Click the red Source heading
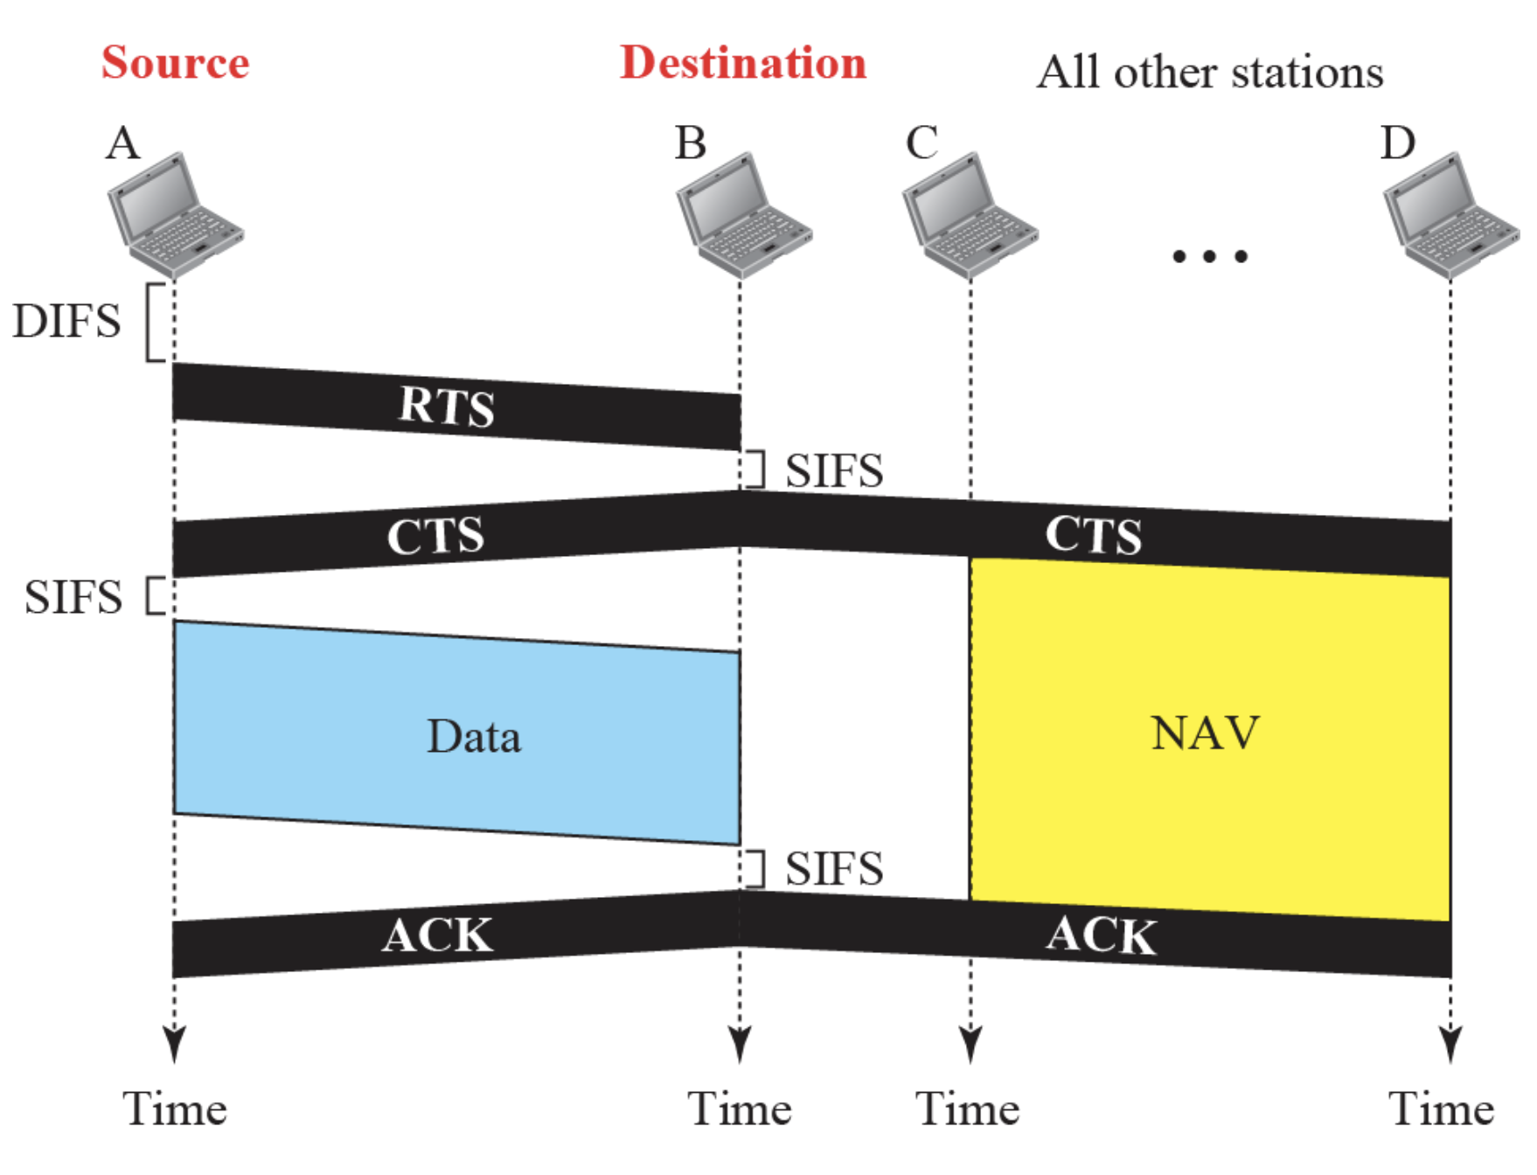click(175, 63)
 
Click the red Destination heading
click(742, 63)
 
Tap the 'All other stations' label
click(1209, 72)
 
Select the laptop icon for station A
click(174, 214)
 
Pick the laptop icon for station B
click(742, 214)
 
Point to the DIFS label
click(66, 321)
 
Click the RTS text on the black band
click(447, 407)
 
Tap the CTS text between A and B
click(435, 535)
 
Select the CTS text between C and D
click(1093, 535)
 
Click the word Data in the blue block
click(474, 736)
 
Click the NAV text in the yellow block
click(1205, 733)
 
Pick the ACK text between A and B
click(437, 935)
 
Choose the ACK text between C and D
click(1101, 935)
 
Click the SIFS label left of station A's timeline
click(73, 597)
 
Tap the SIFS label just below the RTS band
click(833, 470)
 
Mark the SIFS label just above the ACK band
click(833, 868)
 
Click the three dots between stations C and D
click(1209, 256)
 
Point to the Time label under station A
click(175, 1109)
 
